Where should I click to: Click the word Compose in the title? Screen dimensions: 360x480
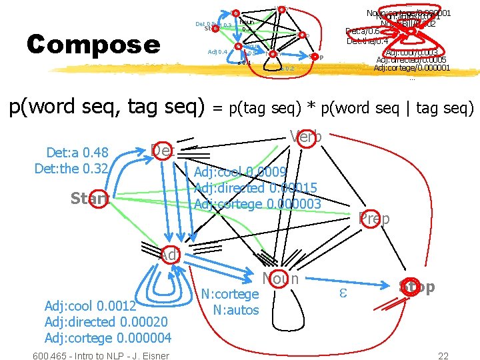(x=93, y=45)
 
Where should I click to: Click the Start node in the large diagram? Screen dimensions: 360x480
(x=90, y=199)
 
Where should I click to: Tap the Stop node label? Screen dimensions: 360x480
(x=417, y=287)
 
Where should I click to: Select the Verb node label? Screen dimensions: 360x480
(x=306, y=136)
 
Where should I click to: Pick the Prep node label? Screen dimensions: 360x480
(x=374, y=218)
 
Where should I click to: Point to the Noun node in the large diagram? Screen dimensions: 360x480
(x=281, y=279)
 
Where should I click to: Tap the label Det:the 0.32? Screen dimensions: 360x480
(x=71, y=168)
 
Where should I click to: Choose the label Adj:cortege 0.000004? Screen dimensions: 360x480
(x=107, y=338)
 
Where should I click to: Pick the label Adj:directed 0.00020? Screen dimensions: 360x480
(x=105, y=322)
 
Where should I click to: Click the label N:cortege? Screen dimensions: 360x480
(x=230, y=294)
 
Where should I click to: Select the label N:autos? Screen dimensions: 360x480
(x=235, y=309)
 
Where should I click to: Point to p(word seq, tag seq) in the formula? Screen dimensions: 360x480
(x=106, y=107)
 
